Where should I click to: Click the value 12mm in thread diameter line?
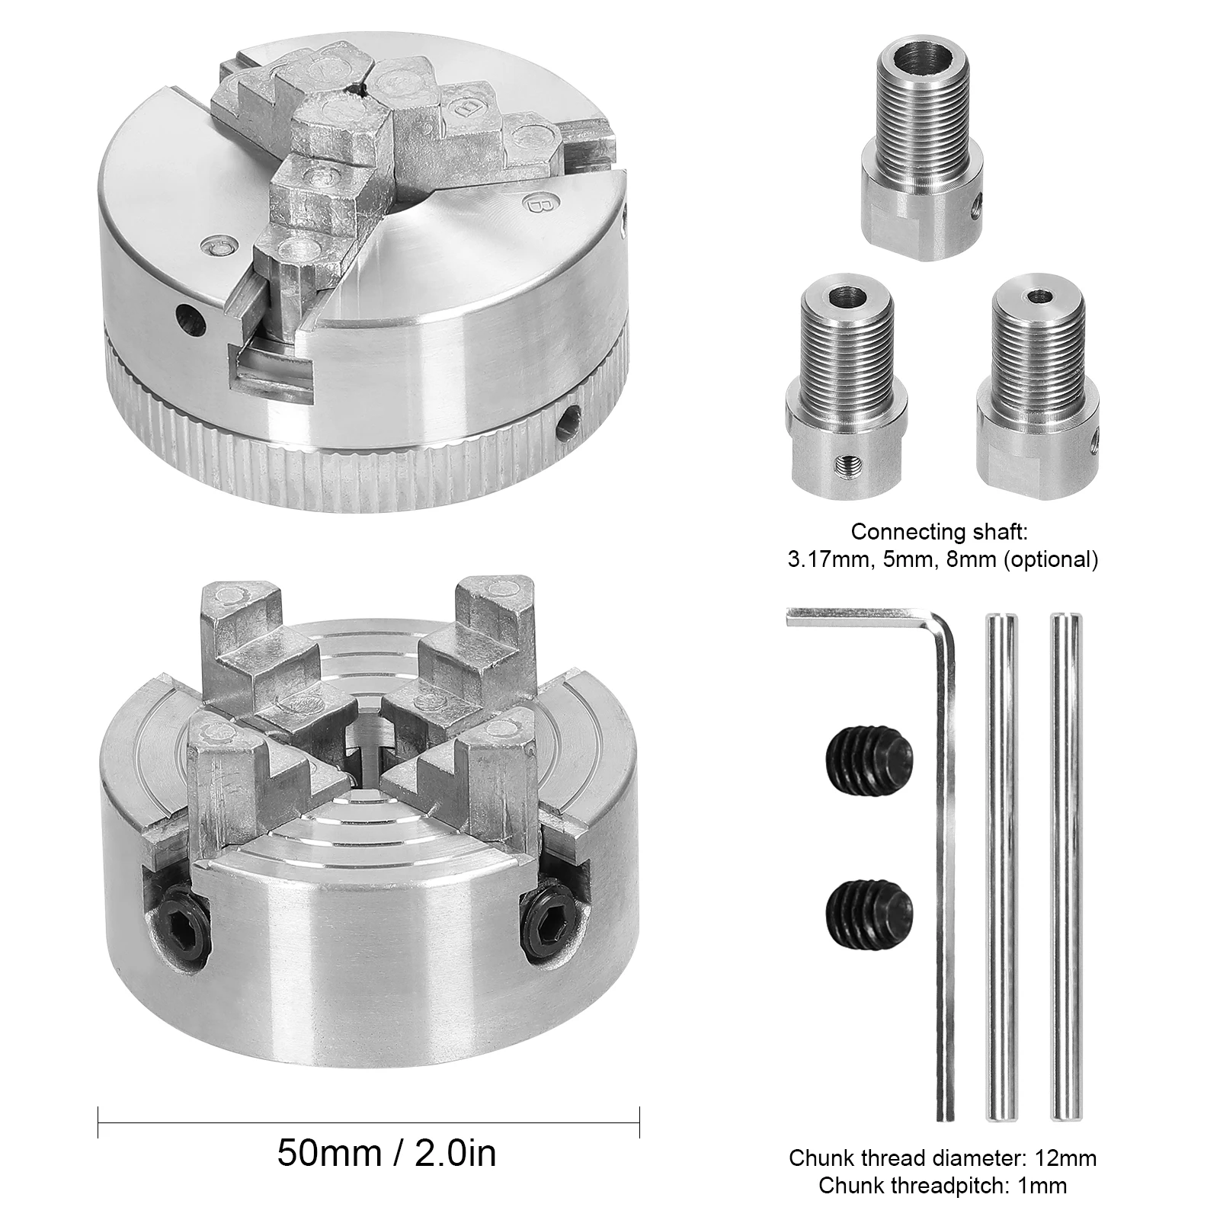click(x=1065, y=1159)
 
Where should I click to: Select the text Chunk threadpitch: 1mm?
click(x=943, y=1186)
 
